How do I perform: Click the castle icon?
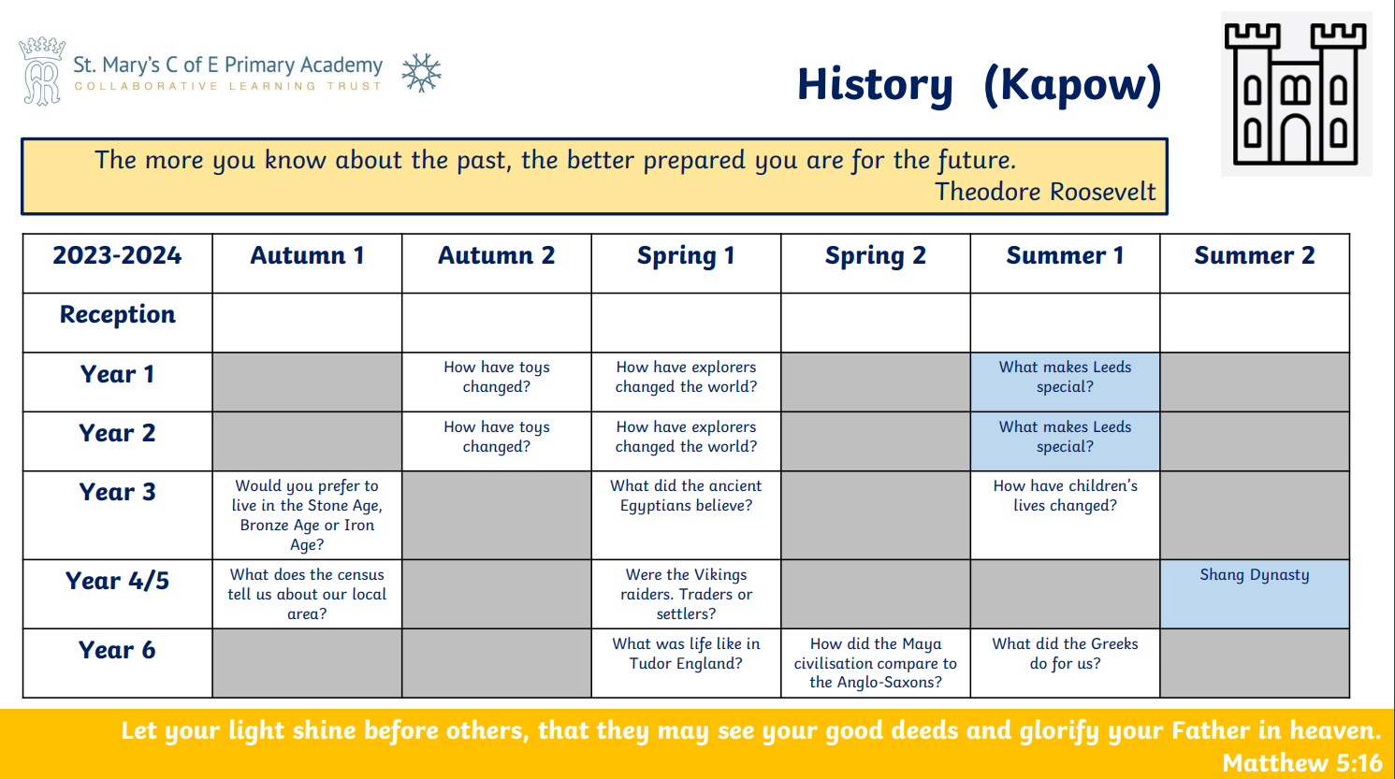pos(1295,94)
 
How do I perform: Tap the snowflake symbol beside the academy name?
pos(422,73)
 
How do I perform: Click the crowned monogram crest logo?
pos(42,71)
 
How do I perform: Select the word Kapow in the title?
pos(1073,84)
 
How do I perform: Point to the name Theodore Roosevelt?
pos(1045,192)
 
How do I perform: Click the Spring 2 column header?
pos(875,255)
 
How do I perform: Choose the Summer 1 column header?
pos(1065,255)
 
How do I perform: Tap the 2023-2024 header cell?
pos(117,255)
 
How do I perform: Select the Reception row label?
pos(117,314)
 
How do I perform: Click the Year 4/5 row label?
pos(117,581)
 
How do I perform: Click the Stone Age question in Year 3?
pos(307,515)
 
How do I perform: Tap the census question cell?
pos(307,594)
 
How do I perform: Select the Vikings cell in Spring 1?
pos(686,594)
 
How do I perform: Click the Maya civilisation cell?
pos(875,662)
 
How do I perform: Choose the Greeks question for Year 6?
pos(1065,653)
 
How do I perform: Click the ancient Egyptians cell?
pos(686,496)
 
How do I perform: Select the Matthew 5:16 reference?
pos(1302,763)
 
